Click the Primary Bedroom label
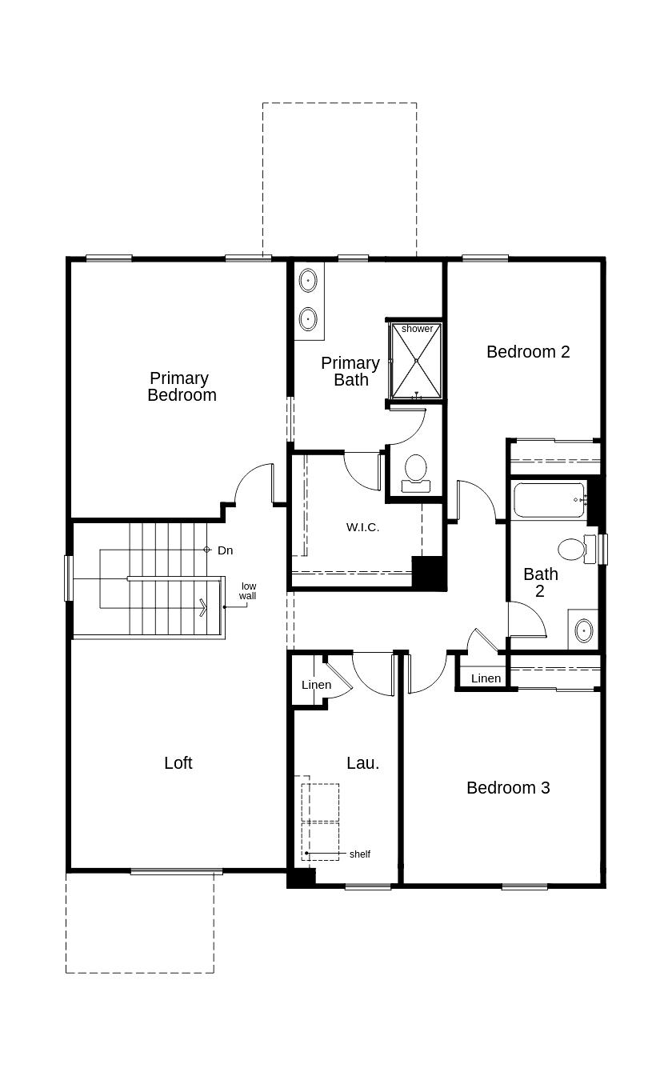(x=181, y=386)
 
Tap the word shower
(x=417, y=329)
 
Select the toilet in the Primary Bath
(x=415, y=471)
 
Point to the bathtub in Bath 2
(x=549, y=500)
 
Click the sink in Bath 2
(x=583, y=630)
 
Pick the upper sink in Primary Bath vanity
(x=308, y=281)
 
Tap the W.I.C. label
(x=362, y=527)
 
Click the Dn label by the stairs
(x=225, y=550)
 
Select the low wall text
(x=248, y=591)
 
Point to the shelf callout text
(x=360, y=854)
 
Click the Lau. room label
(x=362, y=763)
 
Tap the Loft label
(x=178, y=763)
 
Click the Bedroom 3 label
(x=508, y=788)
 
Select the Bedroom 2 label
(x=528, y=351)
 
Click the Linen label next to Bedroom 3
(x=486, y=678)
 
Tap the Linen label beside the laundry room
(x=316, y=685)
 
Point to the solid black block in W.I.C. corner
(x=428, y=572)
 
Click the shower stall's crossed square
(x=417, y=361)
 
